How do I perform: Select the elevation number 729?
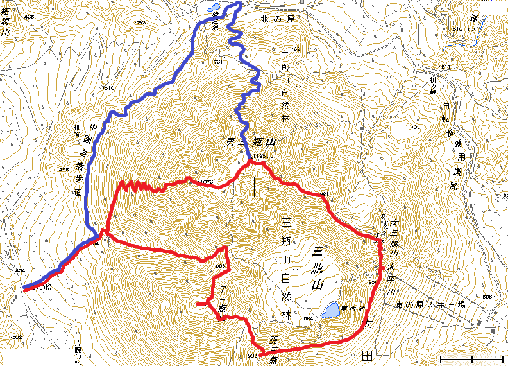pos(295,49)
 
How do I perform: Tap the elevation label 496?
pos(63,170)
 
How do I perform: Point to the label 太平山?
pos(390,270)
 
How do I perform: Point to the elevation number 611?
pos(445,67)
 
